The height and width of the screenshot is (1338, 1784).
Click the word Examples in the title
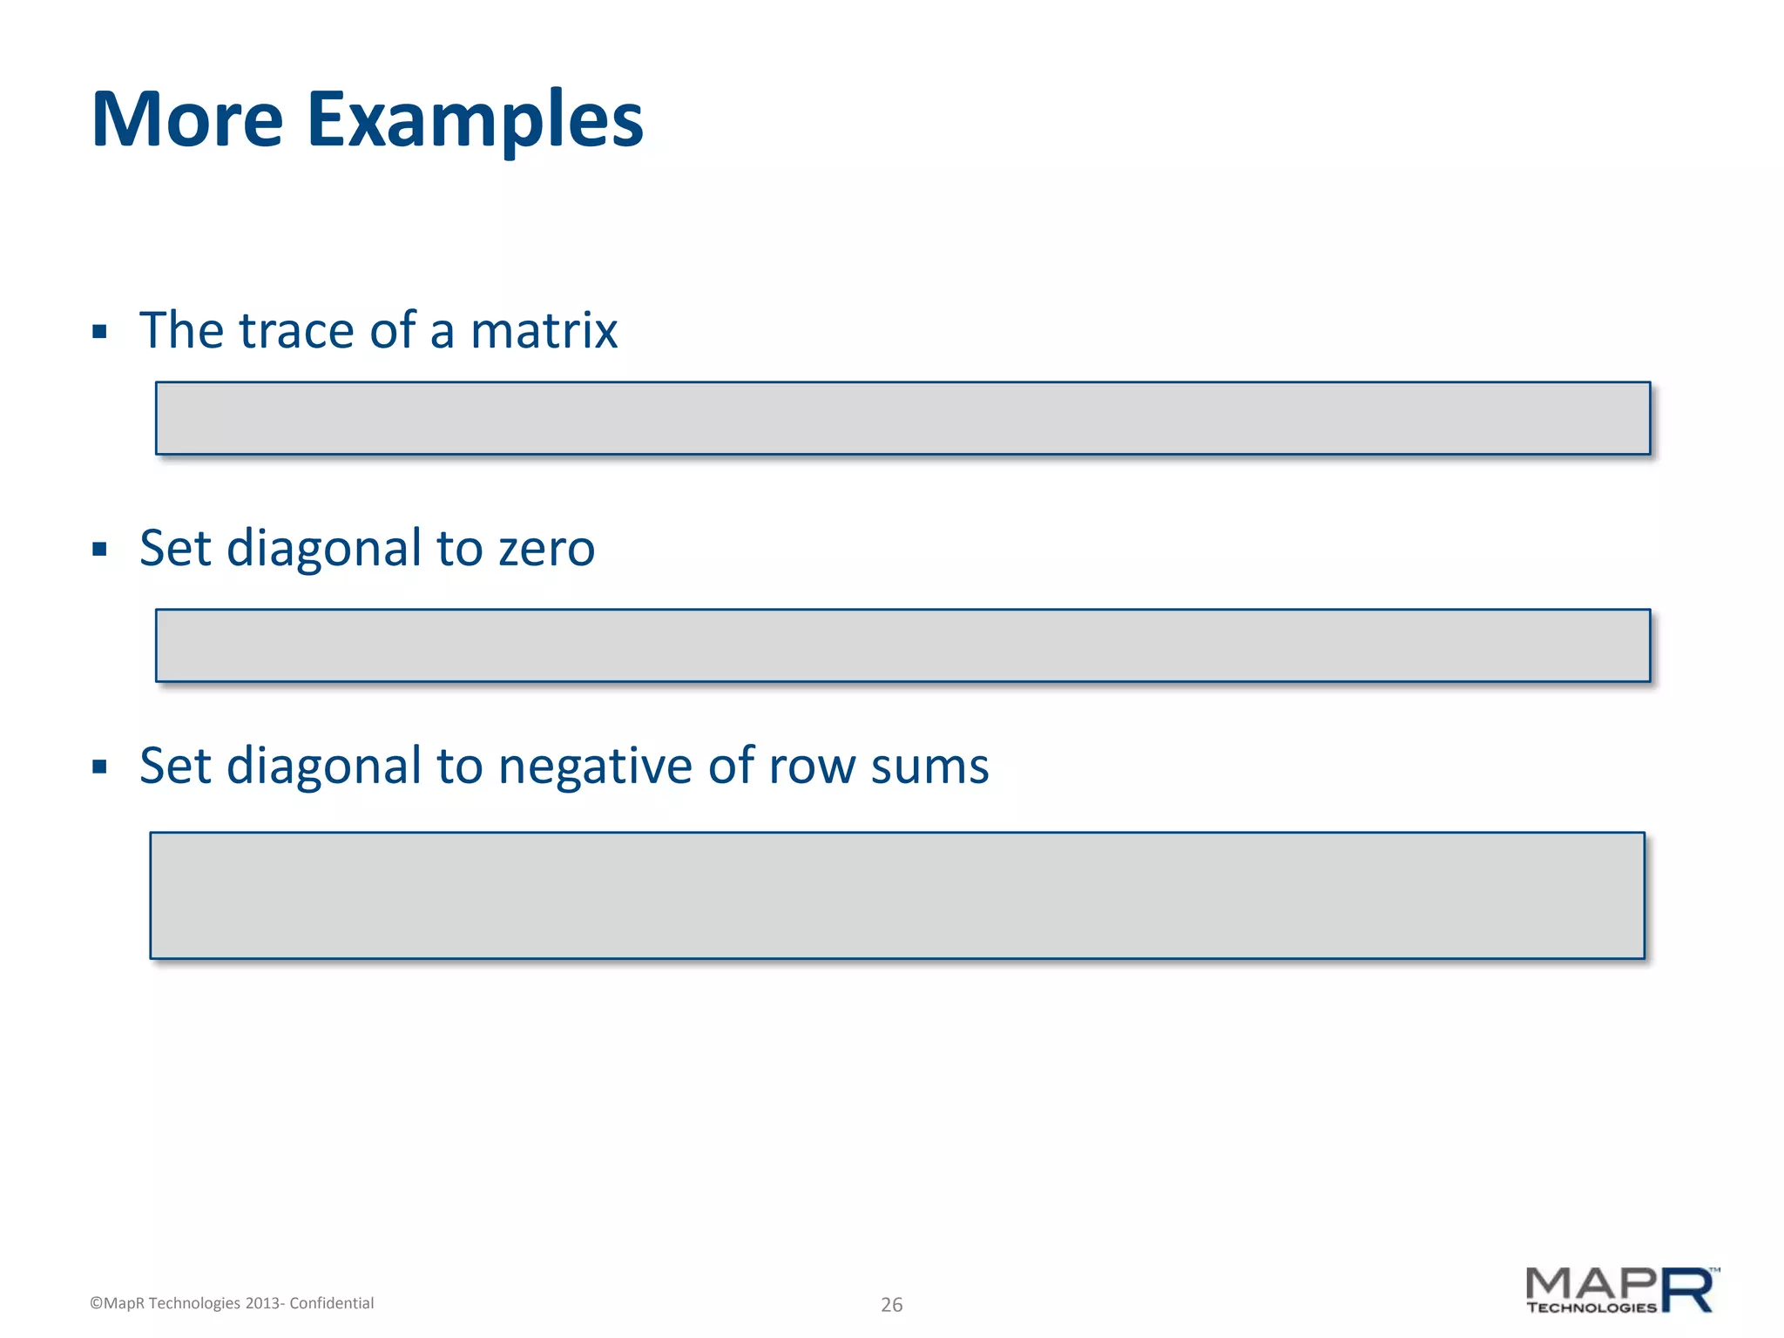point(475,121)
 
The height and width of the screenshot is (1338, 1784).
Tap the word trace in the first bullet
point(296,331)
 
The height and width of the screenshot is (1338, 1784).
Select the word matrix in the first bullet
point(544,331)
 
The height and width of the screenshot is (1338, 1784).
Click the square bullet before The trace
point(99,332)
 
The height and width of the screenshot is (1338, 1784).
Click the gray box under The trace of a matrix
point(902,418)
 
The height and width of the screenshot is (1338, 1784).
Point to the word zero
point(546,550)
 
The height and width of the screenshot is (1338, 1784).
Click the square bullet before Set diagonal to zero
point(99,550)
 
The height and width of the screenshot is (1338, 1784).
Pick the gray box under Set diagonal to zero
point(902,645)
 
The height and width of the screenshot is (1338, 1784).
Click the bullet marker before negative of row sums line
point(99,767)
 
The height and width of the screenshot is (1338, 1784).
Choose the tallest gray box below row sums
point(897,895)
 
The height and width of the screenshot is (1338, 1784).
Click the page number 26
point(891,1305)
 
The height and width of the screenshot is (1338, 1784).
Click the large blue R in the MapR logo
point(1687,1290)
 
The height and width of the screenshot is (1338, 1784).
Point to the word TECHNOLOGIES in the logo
point(1591,1308)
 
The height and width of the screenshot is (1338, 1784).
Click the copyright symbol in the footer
point(96,1304)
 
